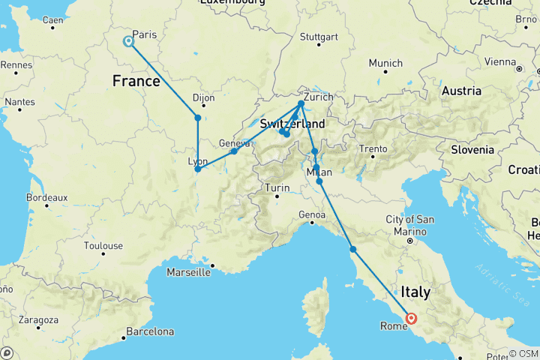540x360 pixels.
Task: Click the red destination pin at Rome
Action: coord(411,318)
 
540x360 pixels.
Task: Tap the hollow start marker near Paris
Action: coord(129,41)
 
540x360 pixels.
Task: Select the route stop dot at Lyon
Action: coord(197,169)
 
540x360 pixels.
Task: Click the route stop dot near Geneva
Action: coord(234,151)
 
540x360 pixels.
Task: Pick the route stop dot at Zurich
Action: coord(301,103)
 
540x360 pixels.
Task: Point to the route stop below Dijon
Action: coord(197,118)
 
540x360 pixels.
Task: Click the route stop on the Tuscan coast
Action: coord(352,249)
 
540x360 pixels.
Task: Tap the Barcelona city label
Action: coord(150,331)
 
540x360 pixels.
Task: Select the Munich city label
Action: coord(385,63)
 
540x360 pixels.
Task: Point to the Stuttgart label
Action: coord(314,37)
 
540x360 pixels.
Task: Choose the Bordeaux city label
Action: coord(46,197)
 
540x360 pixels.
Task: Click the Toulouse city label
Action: coord(103,245)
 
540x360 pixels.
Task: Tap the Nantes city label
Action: coord(19,101)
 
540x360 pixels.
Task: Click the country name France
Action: coord(136,79)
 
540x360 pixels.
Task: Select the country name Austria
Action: coord(461,91)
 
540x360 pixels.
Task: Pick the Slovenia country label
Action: coord(472,149)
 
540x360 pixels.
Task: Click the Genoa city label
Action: coord(313,215)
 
